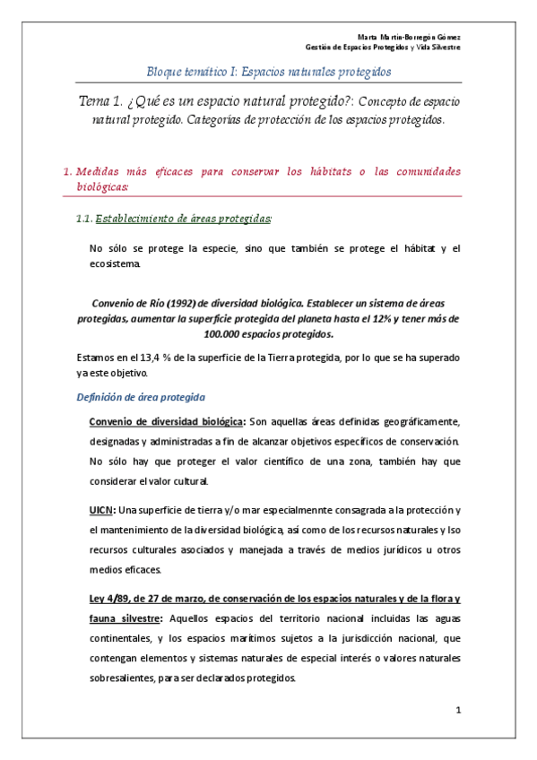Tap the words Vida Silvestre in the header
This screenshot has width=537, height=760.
(439, 47)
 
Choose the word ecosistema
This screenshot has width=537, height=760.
(115, 265)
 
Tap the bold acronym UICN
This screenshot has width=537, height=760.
(102, 510)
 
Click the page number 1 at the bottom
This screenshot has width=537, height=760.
(457, 712)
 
